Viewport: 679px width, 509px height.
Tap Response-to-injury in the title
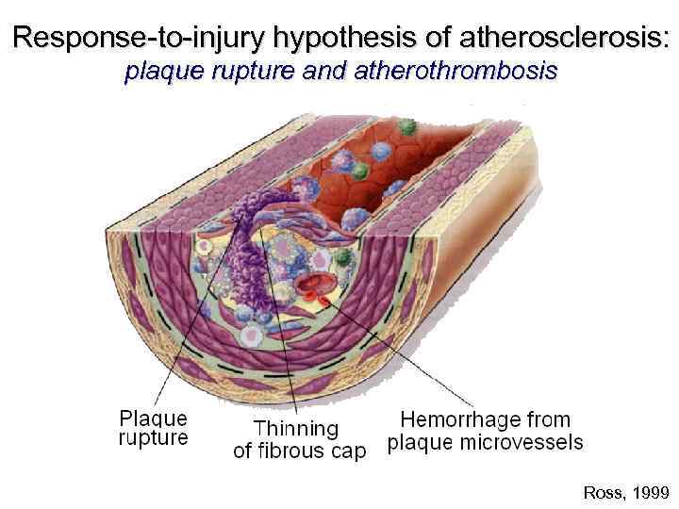140,39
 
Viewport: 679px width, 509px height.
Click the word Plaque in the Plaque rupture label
153,418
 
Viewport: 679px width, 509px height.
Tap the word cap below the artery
345,452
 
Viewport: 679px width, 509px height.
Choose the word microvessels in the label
529,441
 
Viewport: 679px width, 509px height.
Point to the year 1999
650,492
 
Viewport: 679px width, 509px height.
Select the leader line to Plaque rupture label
179,349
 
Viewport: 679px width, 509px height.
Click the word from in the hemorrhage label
548,419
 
